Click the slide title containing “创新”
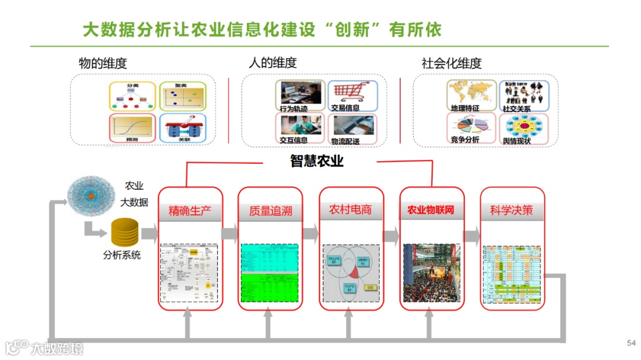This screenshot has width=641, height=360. pyautogui.click(x=262, y=30)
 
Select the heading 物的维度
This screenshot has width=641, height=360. pyautogui.click(x=103, y=63)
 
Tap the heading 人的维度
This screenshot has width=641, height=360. pyautogui.click(x=272, y=62)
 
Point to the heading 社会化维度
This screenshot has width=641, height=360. pyautogui.click(x=451, y=63)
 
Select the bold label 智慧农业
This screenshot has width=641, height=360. pyautogui.click(x=317, y=161)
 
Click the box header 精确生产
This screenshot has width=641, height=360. pyautogui.click(x=191, y=211)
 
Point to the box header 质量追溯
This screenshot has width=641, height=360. pyautogui.click(x=271, y=211)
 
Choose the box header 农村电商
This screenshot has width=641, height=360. pyautogui.click(x=351, y=210)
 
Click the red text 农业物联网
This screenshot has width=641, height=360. pyautogui.click(x=431, y=210)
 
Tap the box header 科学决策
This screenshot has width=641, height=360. pyautogui.click(x=512, y=210)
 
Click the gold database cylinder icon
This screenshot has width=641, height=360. pyautogui.click(x=125, y=232)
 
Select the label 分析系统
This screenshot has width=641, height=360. pyautogui.click(x=122, y=256)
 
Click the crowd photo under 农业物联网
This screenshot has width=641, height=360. pyautogui.click(x=431, y=273)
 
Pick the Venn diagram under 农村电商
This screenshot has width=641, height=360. pyautogui.click(x=351, y=273)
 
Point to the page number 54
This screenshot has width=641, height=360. pyautogui.click(x=631, y=343)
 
